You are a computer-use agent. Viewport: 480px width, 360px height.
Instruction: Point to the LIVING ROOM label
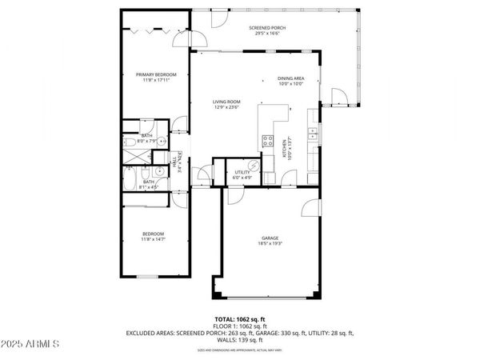[x=226, y=102]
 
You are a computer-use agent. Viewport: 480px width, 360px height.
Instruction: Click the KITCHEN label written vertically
[x=283, y=149]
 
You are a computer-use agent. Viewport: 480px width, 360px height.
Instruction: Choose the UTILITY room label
[x=242, y=172]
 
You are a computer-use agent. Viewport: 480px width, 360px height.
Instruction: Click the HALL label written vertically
[x=174, y=162]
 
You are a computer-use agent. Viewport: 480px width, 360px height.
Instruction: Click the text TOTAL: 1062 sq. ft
[x=239, y=318]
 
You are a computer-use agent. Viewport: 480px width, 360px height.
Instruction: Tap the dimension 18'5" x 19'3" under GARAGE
[x=271, y=244]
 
